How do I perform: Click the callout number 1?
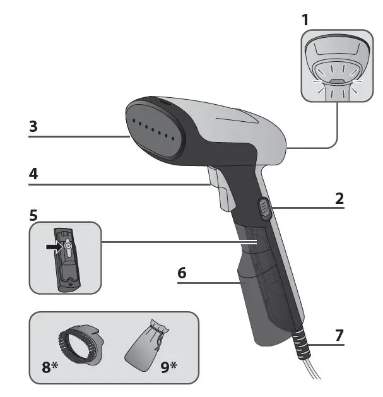pos(305,20)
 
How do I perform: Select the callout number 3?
pos(33,126)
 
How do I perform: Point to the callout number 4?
pos(33,174)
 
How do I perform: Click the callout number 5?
pos(33,215)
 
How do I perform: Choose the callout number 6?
pos(182,274)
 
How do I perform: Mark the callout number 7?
pos(339,335)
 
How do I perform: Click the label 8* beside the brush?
pos(49,365)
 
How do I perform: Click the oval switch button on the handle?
pos(265,208)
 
